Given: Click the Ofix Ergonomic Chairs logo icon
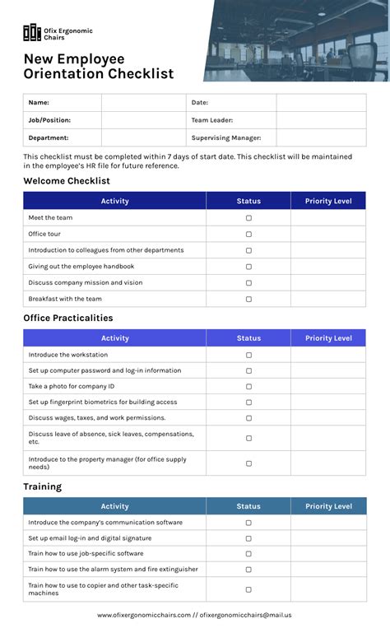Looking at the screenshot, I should [x=31, y=33].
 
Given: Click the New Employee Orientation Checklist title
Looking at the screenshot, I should [x=98, y=67].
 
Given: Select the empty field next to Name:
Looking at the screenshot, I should [x=144, y=103].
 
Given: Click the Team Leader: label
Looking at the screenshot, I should [x=212, y=120].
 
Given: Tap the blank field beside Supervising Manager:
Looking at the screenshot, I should [x=321, y=138].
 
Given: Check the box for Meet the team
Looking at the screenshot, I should [x=248, y=218].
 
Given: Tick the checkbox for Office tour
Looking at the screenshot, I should [x=248, y=235].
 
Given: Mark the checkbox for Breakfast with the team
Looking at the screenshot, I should [x=248, y=299].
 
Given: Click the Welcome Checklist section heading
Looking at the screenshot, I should [x=66, y=181].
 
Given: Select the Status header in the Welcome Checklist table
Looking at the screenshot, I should [x=248, y=201].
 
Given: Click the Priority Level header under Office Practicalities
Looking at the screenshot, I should [x=328, y=338].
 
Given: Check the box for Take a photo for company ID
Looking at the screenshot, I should [x=248, y=387].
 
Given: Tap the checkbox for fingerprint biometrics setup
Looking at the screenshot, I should [x=248, y=402].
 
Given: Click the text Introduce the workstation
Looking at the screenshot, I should [x=67, y=355].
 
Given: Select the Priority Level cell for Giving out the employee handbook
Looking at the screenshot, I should [x=328, y=267].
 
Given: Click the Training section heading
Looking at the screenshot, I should [x=42, y=487].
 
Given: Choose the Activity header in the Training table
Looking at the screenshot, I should [x=114, y=507].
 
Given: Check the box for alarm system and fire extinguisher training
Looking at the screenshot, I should [x=248, y=570].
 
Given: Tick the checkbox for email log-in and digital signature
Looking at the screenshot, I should [x=248, y=538].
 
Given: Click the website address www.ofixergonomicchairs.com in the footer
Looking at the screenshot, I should [x=144, y=615].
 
